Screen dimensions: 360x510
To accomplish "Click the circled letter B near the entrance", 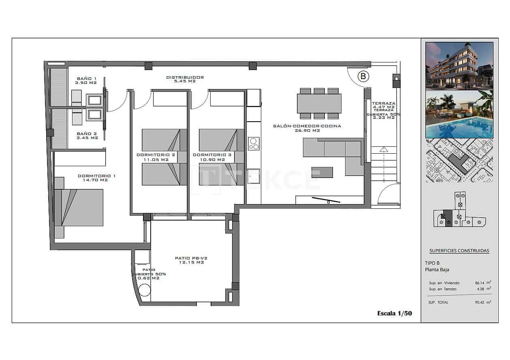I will [363, 76].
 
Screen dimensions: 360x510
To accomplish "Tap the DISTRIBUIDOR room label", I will [185, 77].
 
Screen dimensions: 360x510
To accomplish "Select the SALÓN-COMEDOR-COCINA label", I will [307, 126].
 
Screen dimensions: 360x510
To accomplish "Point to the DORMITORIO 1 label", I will [96, 176].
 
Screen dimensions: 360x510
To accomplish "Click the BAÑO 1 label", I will [86, 78].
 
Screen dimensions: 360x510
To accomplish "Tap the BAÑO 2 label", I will [87, 133].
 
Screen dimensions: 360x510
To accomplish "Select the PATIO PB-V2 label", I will [191, 258].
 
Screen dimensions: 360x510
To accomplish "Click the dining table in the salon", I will [319, 103].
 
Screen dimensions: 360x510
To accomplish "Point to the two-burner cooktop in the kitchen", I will [254, 144].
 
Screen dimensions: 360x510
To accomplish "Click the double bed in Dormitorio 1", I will [82, 207].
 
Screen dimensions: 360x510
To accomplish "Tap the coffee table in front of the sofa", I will [322, 172].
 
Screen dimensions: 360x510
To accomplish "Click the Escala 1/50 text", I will [395, 313].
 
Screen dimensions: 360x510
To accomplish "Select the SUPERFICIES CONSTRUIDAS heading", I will [459, 251].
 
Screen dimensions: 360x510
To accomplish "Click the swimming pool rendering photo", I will [459, 114].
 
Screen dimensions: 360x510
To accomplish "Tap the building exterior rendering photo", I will [459, 65].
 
